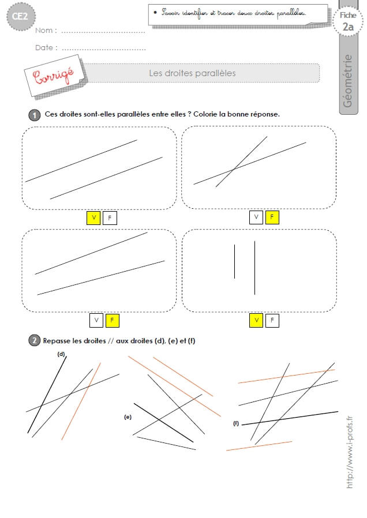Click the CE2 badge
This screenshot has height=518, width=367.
click(x=21, y=16)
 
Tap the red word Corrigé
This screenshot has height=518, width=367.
click(x=53, y=76)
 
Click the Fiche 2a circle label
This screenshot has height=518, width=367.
click(x=348, y=21)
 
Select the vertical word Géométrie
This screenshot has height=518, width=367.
click(x=348, y=81)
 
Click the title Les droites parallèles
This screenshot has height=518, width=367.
click(x=192, y=73)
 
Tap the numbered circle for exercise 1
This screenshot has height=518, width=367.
click(x=35, y=115)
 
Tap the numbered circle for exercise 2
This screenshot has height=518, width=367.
click(x=35, y=340)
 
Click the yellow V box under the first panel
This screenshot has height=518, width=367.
click(x=93, y=218)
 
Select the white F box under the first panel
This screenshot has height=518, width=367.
click(x=110, y=218)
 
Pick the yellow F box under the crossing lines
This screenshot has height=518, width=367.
click(x=272, y=217)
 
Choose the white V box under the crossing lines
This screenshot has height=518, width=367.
click(x=256, y=217)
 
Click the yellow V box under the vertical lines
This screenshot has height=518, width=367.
click(x=256, y=321)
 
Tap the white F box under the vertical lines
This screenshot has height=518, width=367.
click(x=272, y=321)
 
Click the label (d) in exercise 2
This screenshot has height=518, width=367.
click(x=61, y=354)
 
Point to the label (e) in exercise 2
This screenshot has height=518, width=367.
click(x=128, y=417)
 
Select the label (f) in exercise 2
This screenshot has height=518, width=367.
click(x=236, y=423)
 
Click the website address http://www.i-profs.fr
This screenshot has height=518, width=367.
click(x=350, y=452)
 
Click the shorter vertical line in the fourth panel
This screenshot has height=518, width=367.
click(x=234, y=262)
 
